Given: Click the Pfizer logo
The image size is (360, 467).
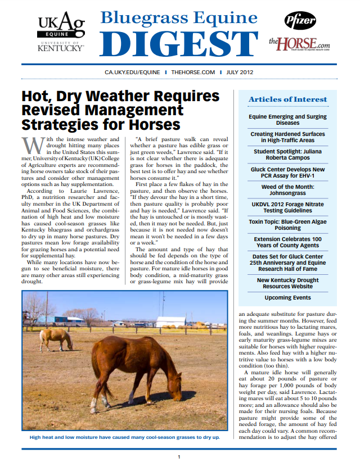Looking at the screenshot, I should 300,20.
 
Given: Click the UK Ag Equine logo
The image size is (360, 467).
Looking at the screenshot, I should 61,31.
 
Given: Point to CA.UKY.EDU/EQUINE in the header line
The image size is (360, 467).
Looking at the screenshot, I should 132,72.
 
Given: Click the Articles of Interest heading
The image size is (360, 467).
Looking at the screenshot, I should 287,99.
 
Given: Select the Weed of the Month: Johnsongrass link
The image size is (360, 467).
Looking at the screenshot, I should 287,190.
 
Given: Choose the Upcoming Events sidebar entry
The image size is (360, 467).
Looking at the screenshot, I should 287,297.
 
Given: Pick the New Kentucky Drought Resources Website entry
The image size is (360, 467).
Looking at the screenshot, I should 287,283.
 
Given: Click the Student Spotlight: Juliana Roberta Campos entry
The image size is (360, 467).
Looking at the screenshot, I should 287,155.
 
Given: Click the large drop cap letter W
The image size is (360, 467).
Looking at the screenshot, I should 35,146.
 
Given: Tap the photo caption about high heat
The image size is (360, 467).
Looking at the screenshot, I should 124,437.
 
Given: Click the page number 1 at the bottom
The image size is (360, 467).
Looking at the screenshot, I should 179,457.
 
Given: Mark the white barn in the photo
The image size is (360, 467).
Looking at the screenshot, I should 170,322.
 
